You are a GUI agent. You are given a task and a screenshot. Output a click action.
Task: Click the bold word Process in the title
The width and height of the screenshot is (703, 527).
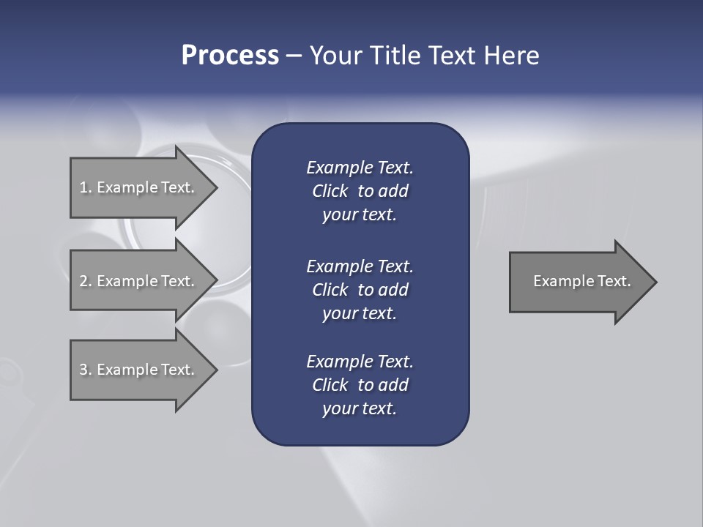[230, 56]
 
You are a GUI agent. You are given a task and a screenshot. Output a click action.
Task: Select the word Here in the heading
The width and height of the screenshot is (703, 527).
[512, 56]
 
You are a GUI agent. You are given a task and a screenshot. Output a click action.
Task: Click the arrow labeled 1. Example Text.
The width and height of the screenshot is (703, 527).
[139, 187]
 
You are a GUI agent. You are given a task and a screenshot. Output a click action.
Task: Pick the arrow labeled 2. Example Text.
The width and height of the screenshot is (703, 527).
[139, 281]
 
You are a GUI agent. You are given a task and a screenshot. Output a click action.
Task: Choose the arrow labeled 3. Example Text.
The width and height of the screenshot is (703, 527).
[139, 370]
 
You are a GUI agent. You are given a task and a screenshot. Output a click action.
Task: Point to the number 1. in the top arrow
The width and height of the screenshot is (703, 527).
[85, 187]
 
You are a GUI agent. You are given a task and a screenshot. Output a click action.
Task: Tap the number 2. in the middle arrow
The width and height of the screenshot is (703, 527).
[85, 281]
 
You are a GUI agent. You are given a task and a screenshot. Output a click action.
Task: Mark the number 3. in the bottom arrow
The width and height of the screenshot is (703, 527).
[85, 370]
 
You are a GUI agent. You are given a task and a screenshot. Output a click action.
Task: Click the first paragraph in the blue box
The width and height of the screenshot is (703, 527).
[360, 191]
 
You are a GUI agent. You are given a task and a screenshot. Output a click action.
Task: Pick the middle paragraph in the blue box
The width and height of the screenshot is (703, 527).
[360, 289]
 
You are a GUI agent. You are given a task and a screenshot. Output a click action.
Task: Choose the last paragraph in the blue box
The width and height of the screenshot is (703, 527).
[360, 385]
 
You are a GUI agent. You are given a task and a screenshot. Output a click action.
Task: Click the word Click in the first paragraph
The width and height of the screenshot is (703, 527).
[330, 191]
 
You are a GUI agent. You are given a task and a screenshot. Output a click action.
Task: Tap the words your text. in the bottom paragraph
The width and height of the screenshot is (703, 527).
[360, 408]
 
